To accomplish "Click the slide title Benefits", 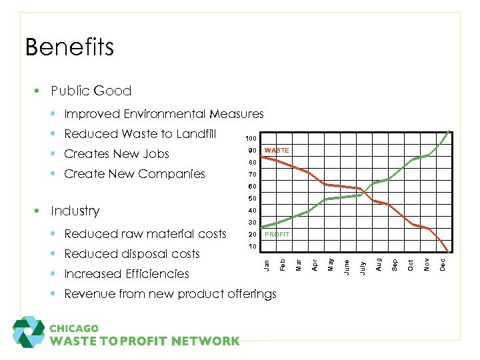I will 69,47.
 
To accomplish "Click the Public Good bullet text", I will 91,91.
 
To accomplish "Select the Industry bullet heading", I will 75,211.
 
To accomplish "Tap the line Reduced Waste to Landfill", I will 140,134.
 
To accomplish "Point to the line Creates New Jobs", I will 117,154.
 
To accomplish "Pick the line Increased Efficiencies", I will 127,274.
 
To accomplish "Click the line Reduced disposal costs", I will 132,254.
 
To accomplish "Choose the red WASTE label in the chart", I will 277,151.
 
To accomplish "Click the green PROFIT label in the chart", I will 277,235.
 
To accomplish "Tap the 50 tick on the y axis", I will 251,199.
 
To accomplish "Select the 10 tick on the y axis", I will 251,247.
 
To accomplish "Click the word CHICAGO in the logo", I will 74,328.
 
